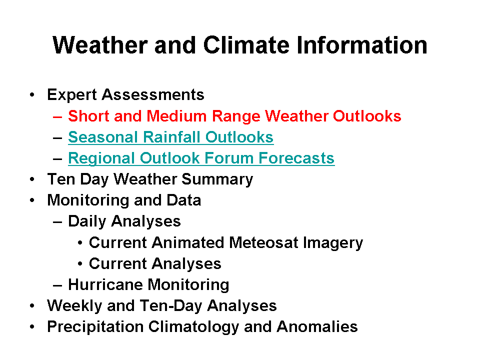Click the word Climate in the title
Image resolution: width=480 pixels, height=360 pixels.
246,45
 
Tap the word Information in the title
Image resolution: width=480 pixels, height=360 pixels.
362,45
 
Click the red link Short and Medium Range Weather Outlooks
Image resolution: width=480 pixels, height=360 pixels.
234,116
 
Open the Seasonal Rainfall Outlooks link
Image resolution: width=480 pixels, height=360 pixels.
170,137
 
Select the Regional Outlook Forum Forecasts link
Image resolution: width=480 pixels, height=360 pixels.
201,158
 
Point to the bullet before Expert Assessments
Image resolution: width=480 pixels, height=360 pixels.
32,95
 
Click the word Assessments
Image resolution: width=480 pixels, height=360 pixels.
153,94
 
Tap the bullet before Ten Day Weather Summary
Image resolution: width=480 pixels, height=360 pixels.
32,179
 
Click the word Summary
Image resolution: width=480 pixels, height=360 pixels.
217,179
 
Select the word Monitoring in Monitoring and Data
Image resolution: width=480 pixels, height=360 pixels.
88,201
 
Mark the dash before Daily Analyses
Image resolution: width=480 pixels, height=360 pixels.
57,222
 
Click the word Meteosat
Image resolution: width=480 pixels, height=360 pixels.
263,242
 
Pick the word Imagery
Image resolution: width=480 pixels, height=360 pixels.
333,243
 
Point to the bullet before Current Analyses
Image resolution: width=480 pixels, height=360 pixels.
80,264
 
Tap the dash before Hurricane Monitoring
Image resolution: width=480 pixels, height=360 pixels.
57,285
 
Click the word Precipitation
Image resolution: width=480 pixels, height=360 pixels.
95,327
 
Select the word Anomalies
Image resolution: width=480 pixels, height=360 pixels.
317,326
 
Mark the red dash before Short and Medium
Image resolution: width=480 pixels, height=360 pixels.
57,116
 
